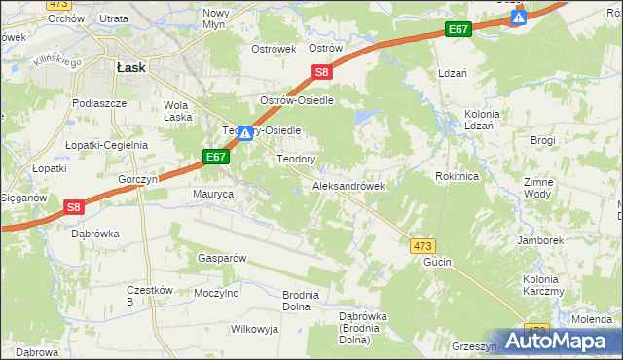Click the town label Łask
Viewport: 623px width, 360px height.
tap(130, 67)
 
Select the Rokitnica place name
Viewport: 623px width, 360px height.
tap(458, 176)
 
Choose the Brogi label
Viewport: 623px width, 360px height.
tap(543, 141)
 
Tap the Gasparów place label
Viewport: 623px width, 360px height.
tap(221, 258)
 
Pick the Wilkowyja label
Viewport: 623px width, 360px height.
tap(254, 329)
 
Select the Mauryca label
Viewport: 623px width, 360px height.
tap(213, 195)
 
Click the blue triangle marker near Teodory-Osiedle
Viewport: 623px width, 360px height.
tap(246, 134)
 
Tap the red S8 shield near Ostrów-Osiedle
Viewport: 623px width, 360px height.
tap(323, 71)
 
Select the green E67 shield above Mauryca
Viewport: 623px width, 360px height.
tap(216, 156)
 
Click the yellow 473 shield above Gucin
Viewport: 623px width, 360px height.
tap(422, 246)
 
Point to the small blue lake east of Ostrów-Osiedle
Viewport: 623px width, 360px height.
tap(365, 118)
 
